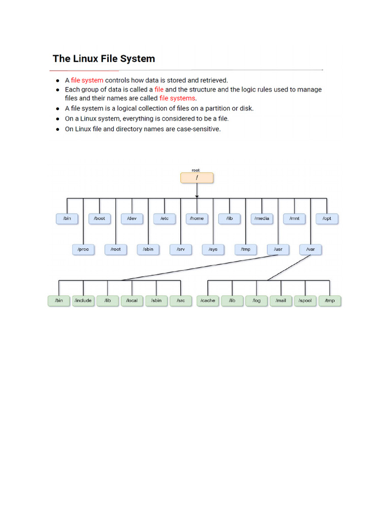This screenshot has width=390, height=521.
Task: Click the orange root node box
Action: click(x=197, y=178)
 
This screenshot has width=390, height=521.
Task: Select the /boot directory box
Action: click(x=100, y=218)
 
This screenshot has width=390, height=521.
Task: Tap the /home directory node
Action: click(x=197, y=218)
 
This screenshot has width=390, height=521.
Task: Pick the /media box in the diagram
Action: click(x=262, y=218)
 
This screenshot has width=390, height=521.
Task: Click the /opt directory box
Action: click(x=327, y=218)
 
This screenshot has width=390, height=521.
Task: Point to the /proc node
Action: click(x=83, y=249)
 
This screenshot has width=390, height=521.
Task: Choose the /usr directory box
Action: click(x=278, y=249)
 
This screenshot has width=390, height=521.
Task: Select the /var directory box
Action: click(x=311, y=249)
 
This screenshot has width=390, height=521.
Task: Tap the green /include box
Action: click(x=83, y=301)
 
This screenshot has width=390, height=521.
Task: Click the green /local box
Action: click(x=132, y=301)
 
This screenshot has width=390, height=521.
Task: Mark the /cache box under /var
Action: click(x=208, y=301)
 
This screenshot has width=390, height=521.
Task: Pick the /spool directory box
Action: click(x=306, y=301)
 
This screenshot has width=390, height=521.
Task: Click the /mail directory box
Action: click(x=281, y=301)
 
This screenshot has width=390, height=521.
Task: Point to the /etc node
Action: click(x=165, y=218)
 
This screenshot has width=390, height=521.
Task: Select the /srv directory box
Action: click(x=181, y=249)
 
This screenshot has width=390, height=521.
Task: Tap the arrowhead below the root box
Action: click(x=197, y=195)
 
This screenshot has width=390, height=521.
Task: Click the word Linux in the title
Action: click(x=85, y=59)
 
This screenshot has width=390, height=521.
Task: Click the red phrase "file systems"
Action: click(x=177, y=98)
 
